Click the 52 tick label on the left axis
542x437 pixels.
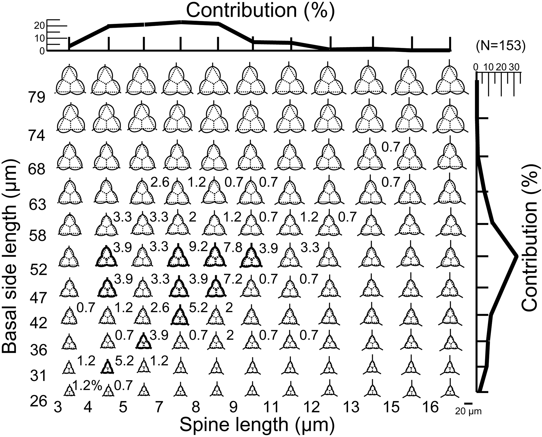38,270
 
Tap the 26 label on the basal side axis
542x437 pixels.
38,401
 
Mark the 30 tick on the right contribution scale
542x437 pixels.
514,67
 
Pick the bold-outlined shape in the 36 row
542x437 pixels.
143,342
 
